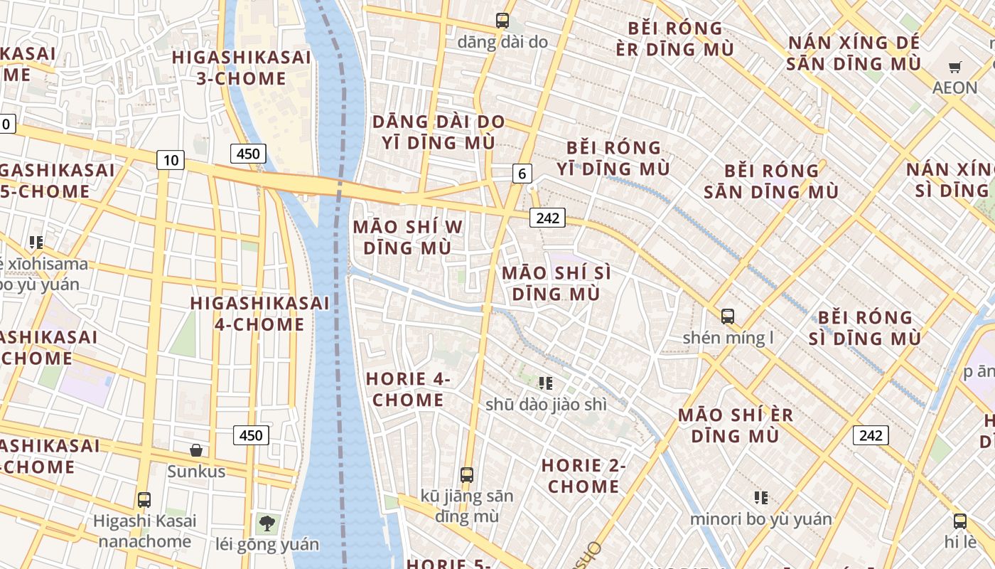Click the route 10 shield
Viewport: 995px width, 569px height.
point(171,160)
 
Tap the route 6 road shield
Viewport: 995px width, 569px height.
point(522,173)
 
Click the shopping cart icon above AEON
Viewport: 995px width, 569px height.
point(955,68)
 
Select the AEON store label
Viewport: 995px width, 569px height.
point(955,88)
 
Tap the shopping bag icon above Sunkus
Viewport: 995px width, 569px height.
point(196,450)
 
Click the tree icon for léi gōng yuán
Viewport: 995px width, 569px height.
point(267,524)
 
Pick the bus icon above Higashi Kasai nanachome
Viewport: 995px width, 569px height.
point(144,500)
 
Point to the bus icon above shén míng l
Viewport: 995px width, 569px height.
point(728,317)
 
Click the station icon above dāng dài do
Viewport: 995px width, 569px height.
point(502,21)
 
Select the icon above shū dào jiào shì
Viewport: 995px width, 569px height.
point(546,384)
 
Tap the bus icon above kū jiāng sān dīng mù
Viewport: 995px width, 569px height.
point(467,474)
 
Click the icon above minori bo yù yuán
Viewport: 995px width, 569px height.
point(761,498)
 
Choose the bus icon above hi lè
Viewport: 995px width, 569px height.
point(960,521)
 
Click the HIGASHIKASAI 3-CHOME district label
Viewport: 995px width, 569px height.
point(242,68)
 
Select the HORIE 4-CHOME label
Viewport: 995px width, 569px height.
point(409,389)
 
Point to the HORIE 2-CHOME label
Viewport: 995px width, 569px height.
point(583,476)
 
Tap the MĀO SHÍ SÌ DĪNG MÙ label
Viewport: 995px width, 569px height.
point(556,283)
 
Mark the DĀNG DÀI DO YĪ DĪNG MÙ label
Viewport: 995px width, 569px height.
point(439,132)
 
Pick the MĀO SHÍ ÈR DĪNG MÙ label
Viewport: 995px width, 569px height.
point(736,425)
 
